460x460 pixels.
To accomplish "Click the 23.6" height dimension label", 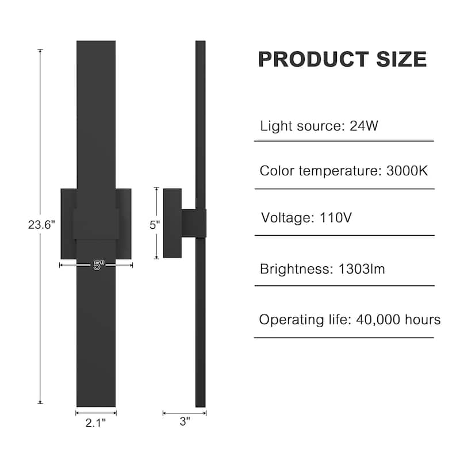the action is (41, 225).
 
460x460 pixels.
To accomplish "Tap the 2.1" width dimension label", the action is (95, 423).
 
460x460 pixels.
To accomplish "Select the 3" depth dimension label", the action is (185, 421).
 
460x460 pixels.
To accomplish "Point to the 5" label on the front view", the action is (98, 265).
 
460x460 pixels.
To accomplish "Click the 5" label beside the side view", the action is (155, 225).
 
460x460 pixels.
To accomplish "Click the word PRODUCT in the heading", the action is (313, 59).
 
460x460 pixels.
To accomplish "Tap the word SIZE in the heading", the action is (401, 59).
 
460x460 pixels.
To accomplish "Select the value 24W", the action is (364, 126).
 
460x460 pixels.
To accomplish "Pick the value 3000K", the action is (407, 171).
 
